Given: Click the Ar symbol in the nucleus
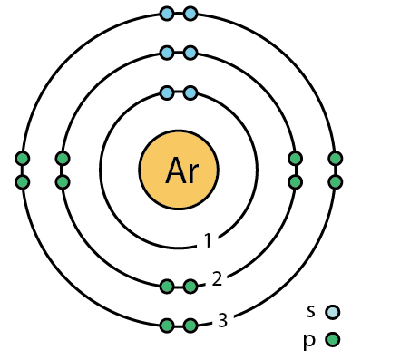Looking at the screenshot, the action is (179, 170).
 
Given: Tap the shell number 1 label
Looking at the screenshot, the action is (208, 241).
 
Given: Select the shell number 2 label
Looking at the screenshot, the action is (217, 278).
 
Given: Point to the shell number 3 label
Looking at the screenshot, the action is (222, 320).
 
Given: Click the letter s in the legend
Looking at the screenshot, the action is (311, 311).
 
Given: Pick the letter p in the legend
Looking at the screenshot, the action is (311, 340).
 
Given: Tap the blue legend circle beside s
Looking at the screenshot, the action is (333, 312).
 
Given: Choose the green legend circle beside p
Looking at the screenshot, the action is (333, 341).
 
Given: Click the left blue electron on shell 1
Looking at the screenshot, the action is (167, 92).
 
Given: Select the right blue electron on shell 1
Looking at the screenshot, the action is (190, 92).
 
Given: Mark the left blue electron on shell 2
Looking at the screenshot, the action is (167, 53).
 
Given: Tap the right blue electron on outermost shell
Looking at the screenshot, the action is (190, 14).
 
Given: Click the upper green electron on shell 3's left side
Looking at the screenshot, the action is (23, 159).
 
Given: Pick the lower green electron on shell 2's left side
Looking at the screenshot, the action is (63, 182).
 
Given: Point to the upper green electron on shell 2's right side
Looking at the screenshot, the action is (295, 159).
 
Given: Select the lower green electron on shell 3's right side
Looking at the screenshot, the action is (335, 182).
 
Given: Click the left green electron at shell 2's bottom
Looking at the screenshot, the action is (167, 287).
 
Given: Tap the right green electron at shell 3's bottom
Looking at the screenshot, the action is (190, 326).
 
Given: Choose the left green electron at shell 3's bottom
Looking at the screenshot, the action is (167, 326).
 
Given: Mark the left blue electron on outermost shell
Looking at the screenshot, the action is (167, 14).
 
